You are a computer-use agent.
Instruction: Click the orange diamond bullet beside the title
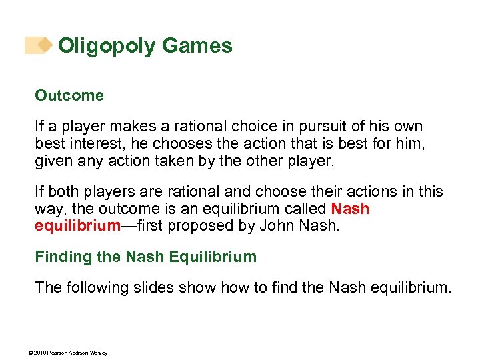click(44, 45)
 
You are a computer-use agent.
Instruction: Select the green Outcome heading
click(69, 95)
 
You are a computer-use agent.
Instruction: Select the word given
click(53, 161)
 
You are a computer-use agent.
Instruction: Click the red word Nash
click(350, 209)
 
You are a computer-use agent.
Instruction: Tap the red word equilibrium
click(77, 225)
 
